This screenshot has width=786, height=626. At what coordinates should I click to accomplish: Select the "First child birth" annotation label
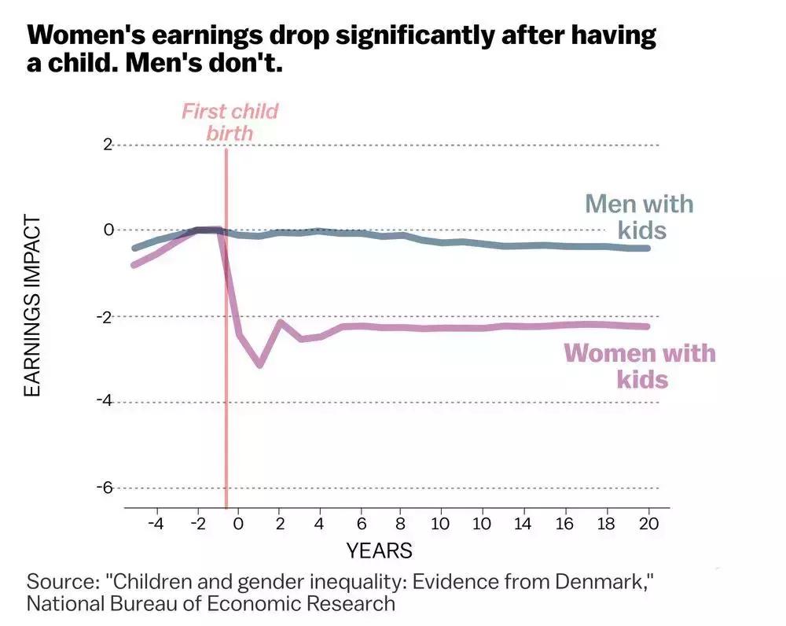230,121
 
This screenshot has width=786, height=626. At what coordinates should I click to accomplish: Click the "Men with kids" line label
639,217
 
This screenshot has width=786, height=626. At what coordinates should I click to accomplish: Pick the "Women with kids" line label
641,366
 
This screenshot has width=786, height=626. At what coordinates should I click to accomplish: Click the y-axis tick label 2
108,145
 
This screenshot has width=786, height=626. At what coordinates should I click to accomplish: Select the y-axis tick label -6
105,488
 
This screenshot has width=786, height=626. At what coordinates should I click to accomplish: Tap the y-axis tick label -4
105,401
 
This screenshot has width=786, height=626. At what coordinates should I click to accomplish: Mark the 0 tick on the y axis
108,230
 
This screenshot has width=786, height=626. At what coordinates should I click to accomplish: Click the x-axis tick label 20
648,524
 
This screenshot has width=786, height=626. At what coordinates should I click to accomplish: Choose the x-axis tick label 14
522,524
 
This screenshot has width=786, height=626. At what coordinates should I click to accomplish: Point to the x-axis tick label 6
361,524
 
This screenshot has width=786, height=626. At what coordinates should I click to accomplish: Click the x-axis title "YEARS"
379,550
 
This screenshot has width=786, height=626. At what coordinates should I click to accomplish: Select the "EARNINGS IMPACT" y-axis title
32,306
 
